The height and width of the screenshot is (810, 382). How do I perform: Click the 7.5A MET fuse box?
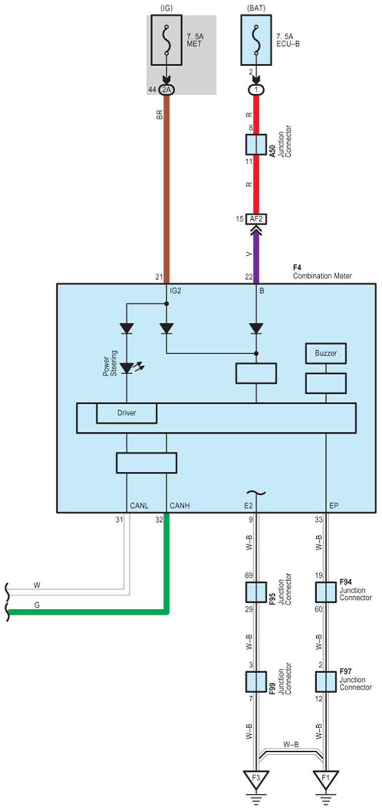166,40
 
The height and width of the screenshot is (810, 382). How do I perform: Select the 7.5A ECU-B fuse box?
256,40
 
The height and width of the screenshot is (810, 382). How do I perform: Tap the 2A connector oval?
166,90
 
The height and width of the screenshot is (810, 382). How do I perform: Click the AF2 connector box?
256,219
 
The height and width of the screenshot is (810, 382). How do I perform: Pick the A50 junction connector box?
256,144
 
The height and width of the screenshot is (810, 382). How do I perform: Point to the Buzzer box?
326,353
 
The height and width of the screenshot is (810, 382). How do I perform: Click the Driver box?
126,413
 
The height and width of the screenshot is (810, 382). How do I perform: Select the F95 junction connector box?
256,592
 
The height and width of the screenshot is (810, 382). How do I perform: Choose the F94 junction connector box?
326,592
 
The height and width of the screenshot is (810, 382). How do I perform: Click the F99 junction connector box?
256,682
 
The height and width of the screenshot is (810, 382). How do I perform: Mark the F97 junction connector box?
326,682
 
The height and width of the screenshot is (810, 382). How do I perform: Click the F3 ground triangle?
256,778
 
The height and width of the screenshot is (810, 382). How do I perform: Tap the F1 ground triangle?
326,778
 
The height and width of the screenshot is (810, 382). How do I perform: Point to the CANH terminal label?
180,506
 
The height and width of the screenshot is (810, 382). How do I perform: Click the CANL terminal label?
139,506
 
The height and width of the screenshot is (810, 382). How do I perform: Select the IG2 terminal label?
176,291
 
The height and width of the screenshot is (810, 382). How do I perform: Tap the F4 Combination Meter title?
322,271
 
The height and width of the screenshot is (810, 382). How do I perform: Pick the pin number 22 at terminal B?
248,277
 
